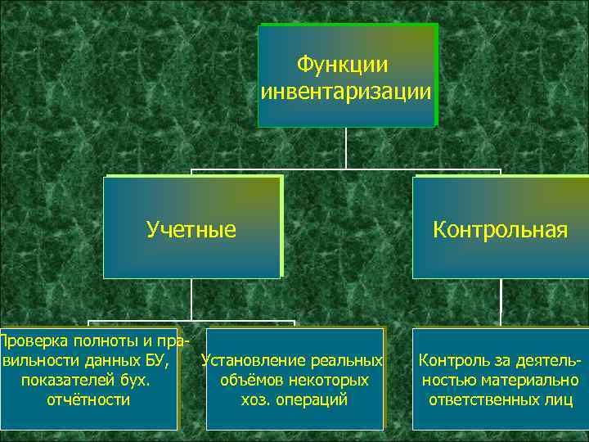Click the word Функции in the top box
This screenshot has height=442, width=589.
coord(343,64)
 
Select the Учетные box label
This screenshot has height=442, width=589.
coord(191,229)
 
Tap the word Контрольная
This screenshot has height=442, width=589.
coord(500,229)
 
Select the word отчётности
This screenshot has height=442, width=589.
coord(89,399)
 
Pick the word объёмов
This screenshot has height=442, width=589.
coord(250,380)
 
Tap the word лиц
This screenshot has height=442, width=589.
coord(556,399)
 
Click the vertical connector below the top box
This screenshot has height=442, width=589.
coord(346,148)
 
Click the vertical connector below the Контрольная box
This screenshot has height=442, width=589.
coord(500,303)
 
